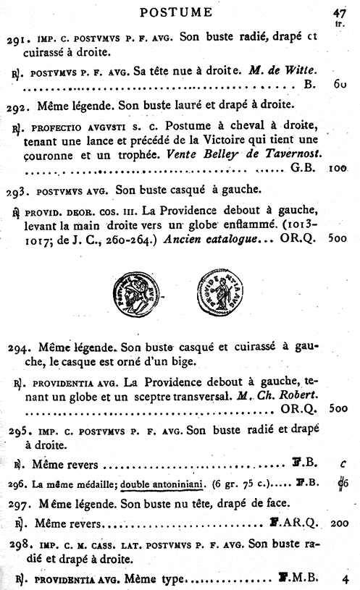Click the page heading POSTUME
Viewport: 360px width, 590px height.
176,12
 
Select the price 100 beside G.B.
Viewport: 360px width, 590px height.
338,174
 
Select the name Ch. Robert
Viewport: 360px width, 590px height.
295,396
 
